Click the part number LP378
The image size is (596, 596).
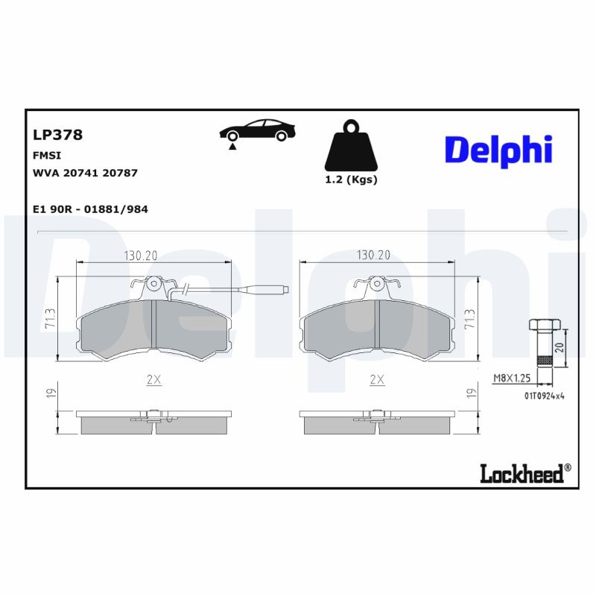click(x=57, y=135)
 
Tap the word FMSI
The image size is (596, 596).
click(x=47, y=155)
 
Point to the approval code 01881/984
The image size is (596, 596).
click(x=116, y=209)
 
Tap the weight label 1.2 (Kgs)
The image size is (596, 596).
click(x=351, y=180)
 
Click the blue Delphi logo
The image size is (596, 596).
click(x=498, y=149)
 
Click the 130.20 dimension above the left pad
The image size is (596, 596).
click(x=140, y=256)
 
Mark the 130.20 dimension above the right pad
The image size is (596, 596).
click(x=373, y=256)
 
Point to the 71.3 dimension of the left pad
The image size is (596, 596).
click(x=49, y=320)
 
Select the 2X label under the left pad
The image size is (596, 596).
click(x=153, y=379)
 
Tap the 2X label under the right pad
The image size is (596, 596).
click(x=377, y=379)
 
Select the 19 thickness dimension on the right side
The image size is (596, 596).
click(x=470, y=393)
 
